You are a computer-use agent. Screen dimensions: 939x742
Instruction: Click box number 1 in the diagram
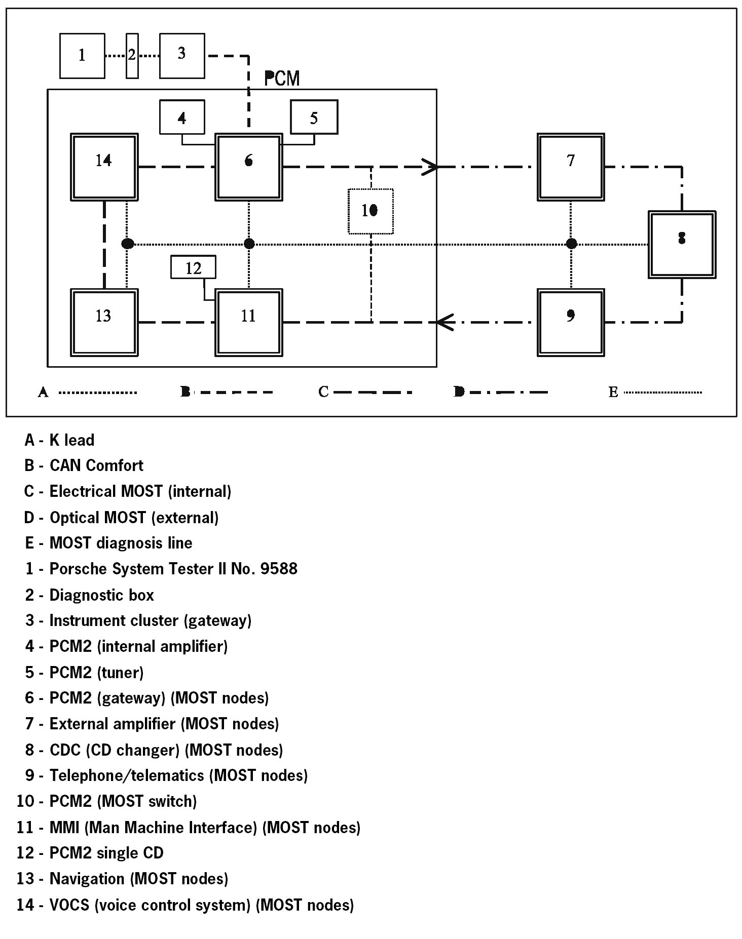click(x=82, y=56)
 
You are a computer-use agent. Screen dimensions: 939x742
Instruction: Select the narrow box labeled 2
click(x=132, y=56)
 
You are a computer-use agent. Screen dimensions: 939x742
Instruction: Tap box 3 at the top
click(x=182, y=56)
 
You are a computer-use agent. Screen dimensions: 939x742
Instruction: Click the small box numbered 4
click(x=182, y=117)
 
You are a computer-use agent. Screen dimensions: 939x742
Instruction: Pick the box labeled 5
click(x=314, y=117)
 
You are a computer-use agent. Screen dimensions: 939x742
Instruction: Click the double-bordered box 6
click(x=248, y=167)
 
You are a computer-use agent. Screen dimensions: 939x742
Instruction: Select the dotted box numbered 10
click(x=370, y=211)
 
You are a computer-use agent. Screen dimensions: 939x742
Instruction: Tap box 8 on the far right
click(x=682, y=245)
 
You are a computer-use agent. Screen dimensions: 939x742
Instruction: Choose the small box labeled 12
click(x=193, y=267)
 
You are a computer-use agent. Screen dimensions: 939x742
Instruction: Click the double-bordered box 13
click(x=104, y=322)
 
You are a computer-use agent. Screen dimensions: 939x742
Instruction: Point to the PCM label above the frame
click(x=282, y=79)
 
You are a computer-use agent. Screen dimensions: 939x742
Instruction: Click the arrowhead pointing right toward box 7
click(x=430, y=167)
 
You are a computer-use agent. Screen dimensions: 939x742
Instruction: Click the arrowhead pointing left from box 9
click(x=444, y=322)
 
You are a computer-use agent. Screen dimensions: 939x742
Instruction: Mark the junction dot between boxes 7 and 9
click(x=571, y=244)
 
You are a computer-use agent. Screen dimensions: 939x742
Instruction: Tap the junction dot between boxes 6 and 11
click(x=249, y=244)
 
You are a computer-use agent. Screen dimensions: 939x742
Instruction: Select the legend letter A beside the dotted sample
click(x=43, y=393)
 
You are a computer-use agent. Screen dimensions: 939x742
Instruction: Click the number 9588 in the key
click(x=278, y=569)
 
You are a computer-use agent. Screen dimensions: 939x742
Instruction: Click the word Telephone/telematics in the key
click(x=127, y=775)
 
